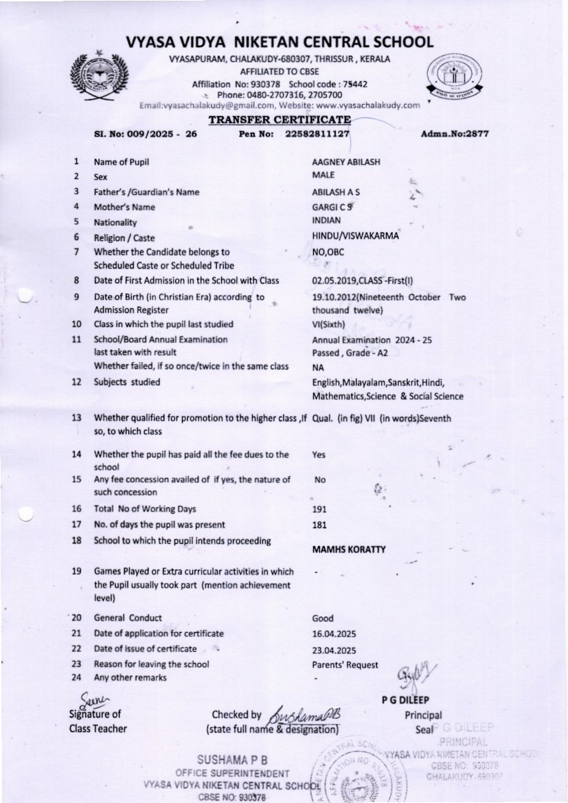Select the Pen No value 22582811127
[317, 134]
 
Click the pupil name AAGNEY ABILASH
[346, 161]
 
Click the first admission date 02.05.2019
[333, 280]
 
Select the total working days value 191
[319, 509]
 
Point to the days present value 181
[319, 525]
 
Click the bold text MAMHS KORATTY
[348, 550]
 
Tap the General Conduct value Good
[323, 618]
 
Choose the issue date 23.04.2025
[334, 649]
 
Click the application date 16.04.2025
[334, 633]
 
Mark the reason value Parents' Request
[345, 664]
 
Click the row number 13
[76, 417]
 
